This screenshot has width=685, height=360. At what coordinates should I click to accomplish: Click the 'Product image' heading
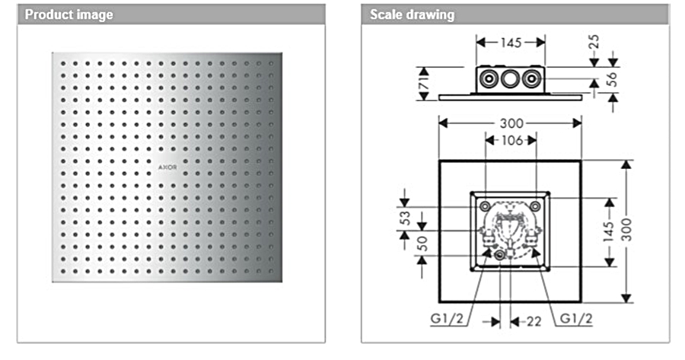tap(69, 14)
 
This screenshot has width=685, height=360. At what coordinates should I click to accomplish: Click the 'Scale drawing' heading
tap(412, 14)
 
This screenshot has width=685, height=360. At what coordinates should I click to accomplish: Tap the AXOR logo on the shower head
tap(167, 165)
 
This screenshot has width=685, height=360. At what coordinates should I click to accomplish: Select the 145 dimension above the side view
tap(511, 43)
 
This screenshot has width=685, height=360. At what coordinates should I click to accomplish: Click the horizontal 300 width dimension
tap(511, 123)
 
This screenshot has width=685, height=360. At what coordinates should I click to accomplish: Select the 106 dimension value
tap(511, 141)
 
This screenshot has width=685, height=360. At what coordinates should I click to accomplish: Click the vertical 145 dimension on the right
tap(609, 232)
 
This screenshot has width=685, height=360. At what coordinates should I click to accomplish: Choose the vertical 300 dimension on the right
tap(626, 231)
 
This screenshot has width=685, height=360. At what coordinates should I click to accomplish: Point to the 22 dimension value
tap(534, 321)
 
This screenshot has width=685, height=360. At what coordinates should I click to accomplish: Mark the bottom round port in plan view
tap(500, 256)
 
